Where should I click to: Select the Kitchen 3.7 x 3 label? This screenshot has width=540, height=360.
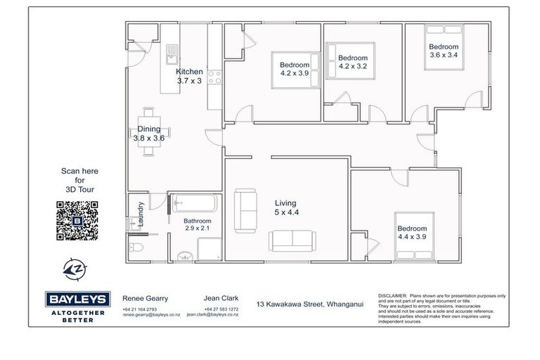point(189,77)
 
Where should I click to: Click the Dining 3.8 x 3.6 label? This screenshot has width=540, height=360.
point(149,134)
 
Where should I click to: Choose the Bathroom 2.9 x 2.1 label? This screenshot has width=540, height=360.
point(198,224)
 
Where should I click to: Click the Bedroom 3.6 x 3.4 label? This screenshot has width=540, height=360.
point(443,50)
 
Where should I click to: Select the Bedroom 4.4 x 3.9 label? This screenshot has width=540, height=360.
point(412,233)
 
